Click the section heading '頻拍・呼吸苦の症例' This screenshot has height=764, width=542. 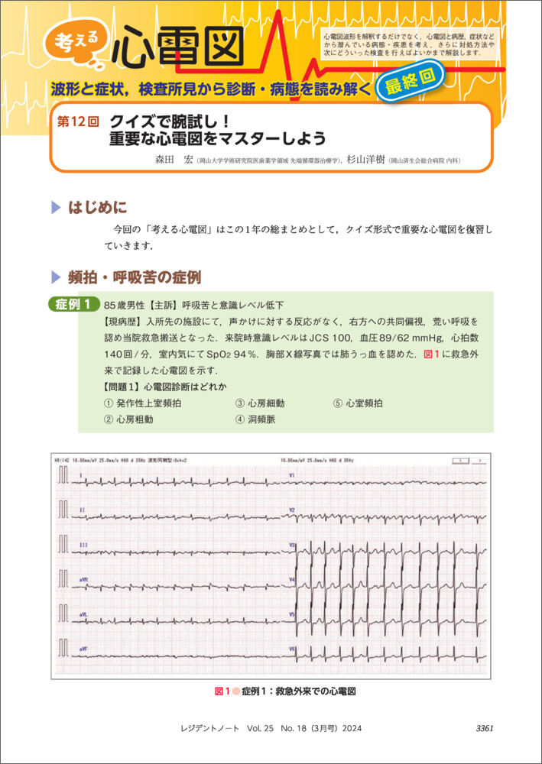point(135,277)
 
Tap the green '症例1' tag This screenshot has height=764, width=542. point(73,304)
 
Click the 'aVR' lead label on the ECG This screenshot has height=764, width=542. point(83,580)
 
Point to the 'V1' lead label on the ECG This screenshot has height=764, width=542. point(292,475)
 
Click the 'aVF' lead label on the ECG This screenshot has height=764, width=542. point(83,649)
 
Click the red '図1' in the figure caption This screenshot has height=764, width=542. point(222,691)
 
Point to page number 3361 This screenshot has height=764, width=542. point(484,728)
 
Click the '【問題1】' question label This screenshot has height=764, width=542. point(122,386)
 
